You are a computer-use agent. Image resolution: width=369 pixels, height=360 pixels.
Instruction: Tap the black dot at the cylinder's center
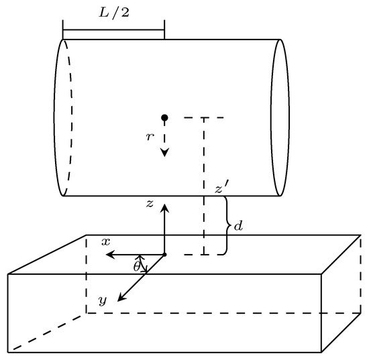[x=164, y=118]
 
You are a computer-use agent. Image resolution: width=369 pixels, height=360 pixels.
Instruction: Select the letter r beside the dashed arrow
[x=150, y=136]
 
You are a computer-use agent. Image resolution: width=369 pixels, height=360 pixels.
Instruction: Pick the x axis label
[x=106, y=241]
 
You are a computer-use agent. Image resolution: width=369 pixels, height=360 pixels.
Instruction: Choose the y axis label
[x=102, y=301]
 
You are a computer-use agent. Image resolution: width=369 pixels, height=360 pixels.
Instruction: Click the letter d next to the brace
[x=238, y=227]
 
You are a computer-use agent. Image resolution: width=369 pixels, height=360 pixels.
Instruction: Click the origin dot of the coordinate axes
[x=164, y=255]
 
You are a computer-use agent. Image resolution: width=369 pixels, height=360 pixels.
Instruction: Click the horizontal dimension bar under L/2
[x=113, y=29]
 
